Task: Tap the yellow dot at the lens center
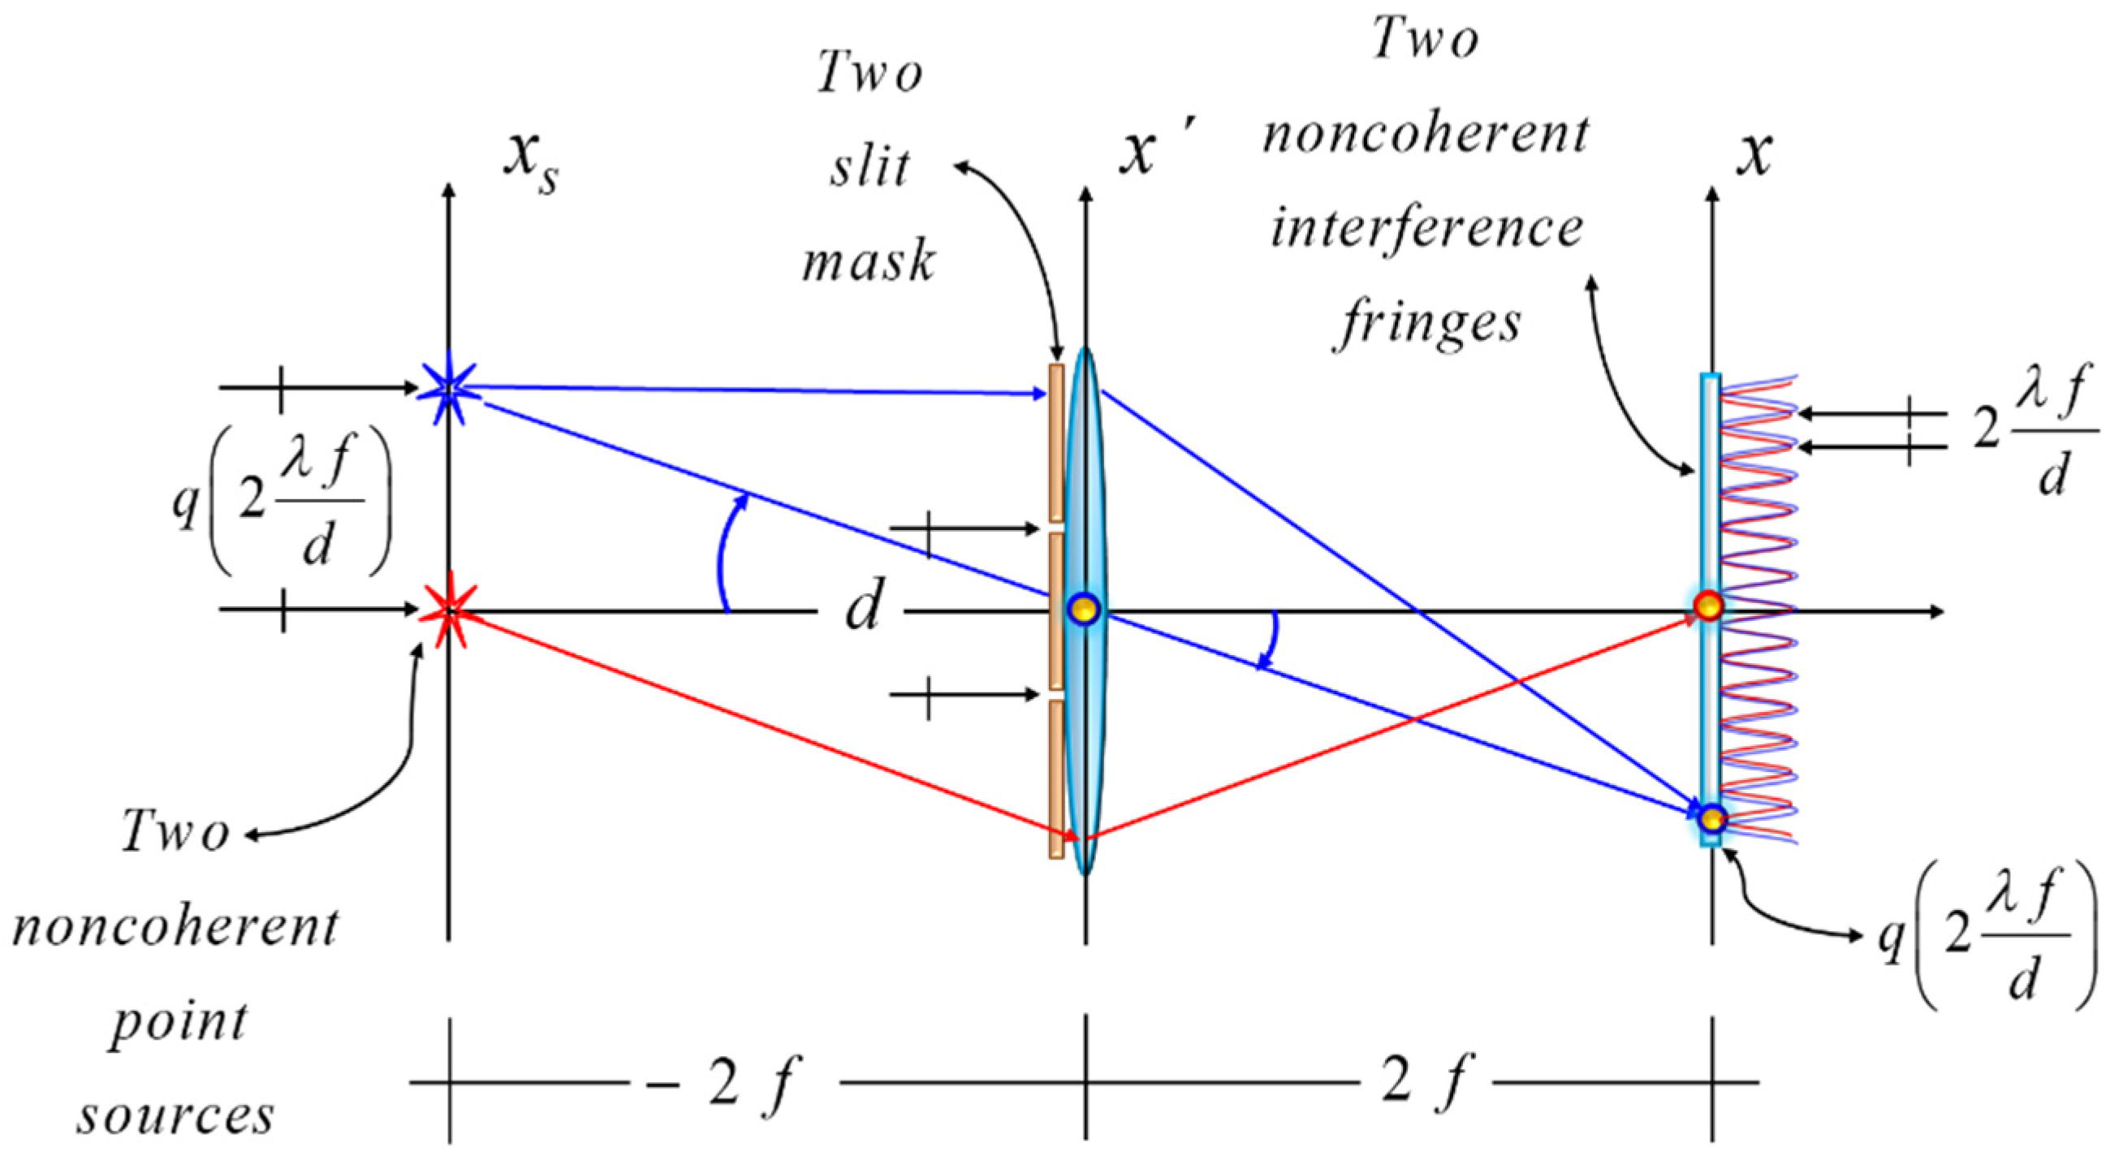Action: (1085, 610)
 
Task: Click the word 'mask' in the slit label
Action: (868, 264)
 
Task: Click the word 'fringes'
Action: (1430, 325)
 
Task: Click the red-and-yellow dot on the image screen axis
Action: (1709, 607)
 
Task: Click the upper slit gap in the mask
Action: (1056, 528)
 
